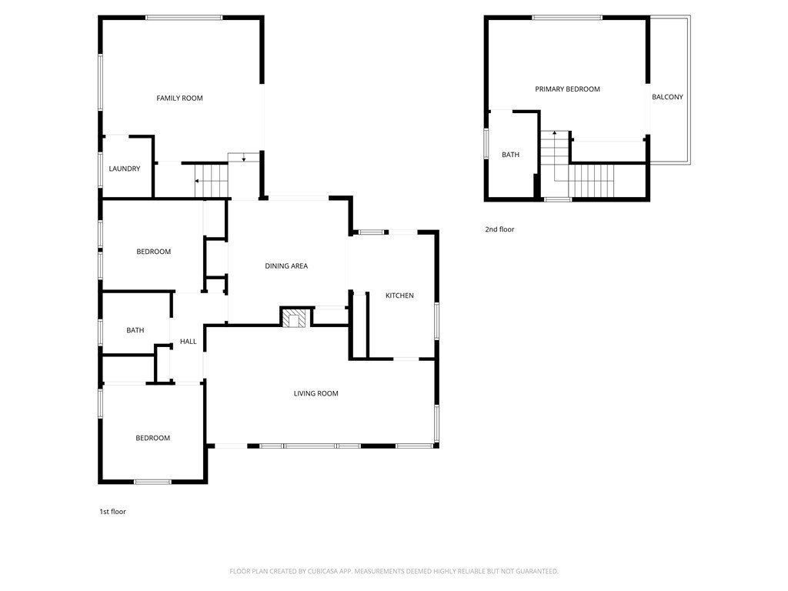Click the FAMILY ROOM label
pos(179,98)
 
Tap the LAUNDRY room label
pos(124,169)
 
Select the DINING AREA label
pos(286,265)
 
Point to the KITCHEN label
pos(399,295)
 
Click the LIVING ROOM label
pos(316,393)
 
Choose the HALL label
pos(188,342)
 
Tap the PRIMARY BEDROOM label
pos(567,89)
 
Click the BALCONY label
pos(667,97)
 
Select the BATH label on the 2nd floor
pos(510,155)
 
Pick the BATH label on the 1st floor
pos(135,330)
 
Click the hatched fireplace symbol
pos(293,319)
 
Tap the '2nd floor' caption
pos(499,229)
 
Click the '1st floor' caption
pos(112,512)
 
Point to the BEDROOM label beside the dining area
pos(153,252)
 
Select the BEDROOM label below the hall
pos(152,438)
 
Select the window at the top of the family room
pos(184,18)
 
